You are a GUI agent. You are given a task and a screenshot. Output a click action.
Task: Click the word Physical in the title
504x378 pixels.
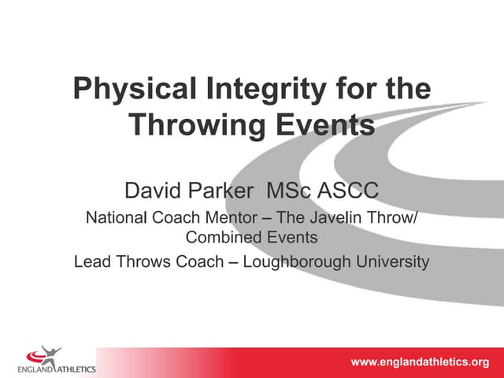tap(135, 89)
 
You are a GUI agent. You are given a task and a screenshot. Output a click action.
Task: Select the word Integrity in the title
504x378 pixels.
tap(266, 89)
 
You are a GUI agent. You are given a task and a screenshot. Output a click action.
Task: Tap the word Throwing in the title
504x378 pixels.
tap(197, 126)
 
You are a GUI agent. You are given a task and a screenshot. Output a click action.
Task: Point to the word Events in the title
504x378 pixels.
tap(325, 124)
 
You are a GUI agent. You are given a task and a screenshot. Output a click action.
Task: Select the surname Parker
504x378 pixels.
tap(220, 190)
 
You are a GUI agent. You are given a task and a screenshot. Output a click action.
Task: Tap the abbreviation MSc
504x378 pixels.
tap(288, 190)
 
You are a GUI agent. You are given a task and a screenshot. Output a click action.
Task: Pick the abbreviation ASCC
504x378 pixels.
tap(348, 190)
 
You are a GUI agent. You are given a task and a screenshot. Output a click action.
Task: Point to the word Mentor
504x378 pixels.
tap(231, 217)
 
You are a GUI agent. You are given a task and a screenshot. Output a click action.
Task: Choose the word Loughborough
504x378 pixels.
tap(297, 262)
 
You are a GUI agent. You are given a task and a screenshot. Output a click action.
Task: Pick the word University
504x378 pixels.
tap(392, 262)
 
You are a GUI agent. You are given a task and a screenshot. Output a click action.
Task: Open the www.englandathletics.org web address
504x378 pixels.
tap(420, 362)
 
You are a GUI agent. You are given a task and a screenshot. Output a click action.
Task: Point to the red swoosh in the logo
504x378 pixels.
tap(35, 356)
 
